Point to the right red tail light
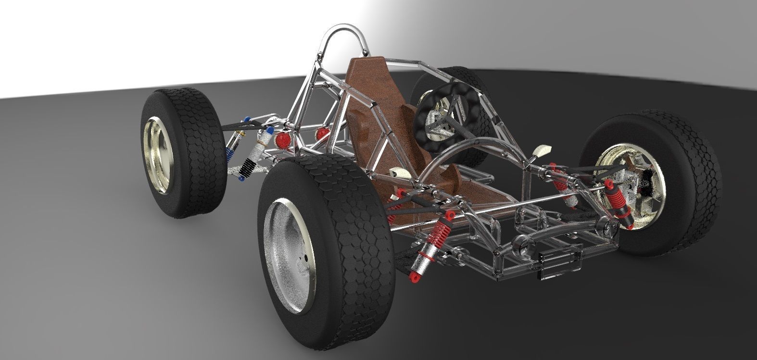tap(321, 133)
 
